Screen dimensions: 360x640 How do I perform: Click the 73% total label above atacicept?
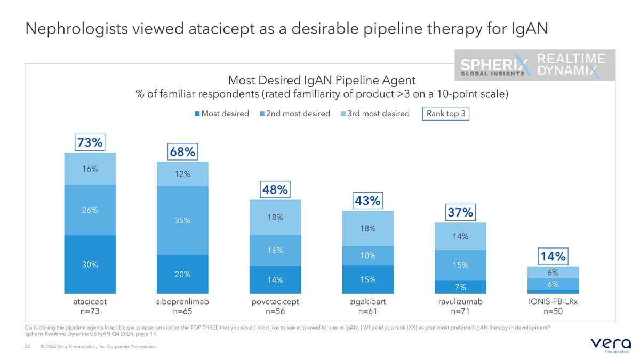90,142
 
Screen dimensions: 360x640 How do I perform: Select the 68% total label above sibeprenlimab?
182,152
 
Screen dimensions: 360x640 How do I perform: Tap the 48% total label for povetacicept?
275,189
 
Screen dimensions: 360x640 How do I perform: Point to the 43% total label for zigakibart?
367,201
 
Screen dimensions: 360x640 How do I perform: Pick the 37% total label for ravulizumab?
460,212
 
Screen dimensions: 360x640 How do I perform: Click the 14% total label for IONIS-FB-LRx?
553,257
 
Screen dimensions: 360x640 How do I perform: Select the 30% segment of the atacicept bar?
90,265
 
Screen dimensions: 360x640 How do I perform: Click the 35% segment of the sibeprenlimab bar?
182,221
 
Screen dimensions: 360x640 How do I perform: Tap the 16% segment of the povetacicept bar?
275,251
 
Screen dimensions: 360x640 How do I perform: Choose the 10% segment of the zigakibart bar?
367,255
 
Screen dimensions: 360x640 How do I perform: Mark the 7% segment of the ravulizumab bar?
460,287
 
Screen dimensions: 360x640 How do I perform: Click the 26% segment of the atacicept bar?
90,210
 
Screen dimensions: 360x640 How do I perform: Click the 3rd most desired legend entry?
375,114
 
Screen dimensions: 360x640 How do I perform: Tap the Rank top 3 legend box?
445,114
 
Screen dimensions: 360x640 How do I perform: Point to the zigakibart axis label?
367,302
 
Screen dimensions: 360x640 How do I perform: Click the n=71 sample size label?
460,311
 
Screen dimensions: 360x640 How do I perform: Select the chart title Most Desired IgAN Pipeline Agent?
322,81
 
